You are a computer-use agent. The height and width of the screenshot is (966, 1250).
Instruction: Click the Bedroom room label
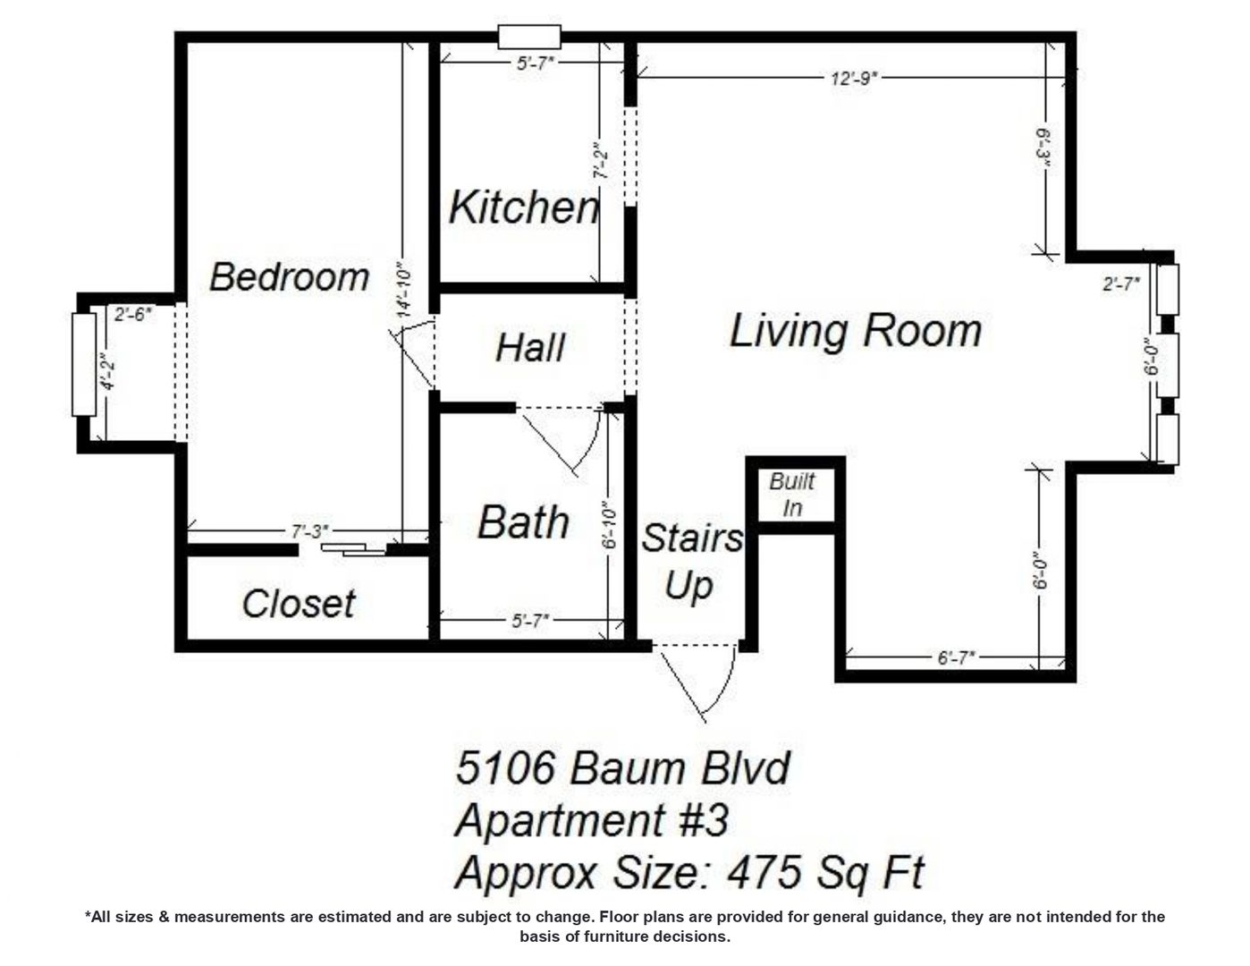pos(289,277)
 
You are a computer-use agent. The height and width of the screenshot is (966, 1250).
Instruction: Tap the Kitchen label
pos(523,208)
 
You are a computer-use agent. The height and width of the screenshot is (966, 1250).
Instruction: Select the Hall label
pos(530,348)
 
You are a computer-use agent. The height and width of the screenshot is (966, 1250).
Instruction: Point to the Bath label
pos(523,522)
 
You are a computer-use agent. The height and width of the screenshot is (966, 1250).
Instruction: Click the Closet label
pos(299,604)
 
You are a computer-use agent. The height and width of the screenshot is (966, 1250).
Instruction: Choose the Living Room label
pos(856,331)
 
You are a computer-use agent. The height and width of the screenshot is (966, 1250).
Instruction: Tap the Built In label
pos(792,495)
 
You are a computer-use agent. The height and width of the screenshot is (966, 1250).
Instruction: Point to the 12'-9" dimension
pos(853,78)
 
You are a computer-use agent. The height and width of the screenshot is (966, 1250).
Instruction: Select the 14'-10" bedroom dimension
pos(404,288)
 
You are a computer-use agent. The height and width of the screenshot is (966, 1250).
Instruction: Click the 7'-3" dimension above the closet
pos(308,531)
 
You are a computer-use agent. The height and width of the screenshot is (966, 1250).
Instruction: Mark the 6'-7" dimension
pos(956,657)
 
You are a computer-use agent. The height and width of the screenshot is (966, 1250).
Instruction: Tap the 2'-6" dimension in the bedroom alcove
pos(133,314)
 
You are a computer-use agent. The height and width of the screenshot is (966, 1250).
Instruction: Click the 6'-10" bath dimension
pos(611,527)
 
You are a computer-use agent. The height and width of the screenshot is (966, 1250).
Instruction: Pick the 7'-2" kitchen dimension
pos(602,160)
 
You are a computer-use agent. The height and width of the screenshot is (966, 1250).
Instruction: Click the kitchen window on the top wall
pos(529,38)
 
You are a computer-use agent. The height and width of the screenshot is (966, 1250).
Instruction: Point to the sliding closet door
pos(353,549)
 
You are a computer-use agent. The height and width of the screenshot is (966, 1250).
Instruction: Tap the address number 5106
pos(507,767)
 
